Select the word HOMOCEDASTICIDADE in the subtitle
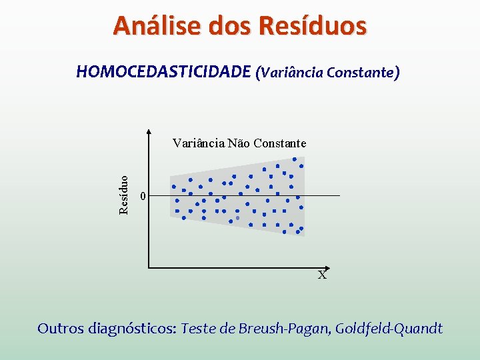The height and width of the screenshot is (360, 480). click(163, 72)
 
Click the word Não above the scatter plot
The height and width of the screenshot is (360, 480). click(241, 143)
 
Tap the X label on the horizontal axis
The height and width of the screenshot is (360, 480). click(322, 275)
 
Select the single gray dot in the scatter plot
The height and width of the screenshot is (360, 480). click(237, 217)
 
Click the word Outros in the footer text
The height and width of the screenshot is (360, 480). click(60, 329)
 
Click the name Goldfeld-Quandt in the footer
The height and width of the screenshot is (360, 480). click(389, 329)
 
